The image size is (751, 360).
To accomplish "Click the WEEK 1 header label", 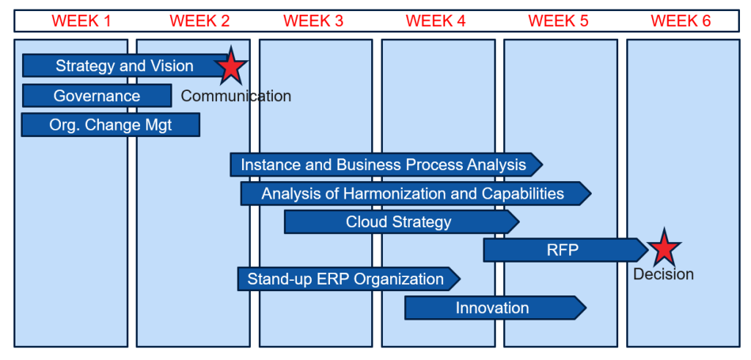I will [x=81, y=21].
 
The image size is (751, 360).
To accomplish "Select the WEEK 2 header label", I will [x=199, y=21].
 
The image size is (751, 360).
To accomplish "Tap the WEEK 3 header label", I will [x=313, y=21].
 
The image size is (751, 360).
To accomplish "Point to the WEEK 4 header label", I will [x=436, y=21].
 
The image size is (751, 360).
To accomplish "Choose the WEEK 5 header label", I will [x=558, y=21].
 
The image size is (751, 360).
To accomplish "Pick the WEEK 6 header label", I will [x=681, y=21].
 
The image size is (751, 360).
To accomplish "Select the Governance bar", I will [x=97, y=95].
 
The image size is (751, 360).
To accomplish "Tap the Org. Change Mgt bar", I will [x=111, y=125].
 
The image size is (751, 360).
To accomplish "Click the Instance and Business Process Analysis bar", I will [x=384, y=165].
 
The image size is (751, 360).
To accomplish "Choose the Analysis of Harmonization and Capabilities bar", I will [x=413, y=194].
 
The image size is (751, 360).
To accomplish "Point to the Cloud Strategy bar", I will [x=399, y=221].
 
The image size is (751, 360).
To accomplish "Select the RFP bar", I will [x=563, y=250].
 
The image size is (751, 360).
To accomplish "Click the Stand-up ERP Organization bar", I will [x=345, y=279].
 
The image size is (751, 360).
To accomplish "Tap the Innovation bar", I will [x=492, y=308].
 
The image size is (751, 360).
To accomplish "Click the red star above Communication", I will [x=231, y=66].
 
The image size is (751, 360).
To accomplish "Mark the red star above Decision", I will [x=664, y=249].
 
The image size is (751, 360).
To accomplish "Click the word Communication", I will [x=236, y=96].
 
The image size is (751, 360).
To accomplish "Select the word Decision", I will [x=664, y=275].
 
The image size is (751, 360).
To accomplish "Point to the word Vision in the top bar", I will [x=173, y=66].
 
